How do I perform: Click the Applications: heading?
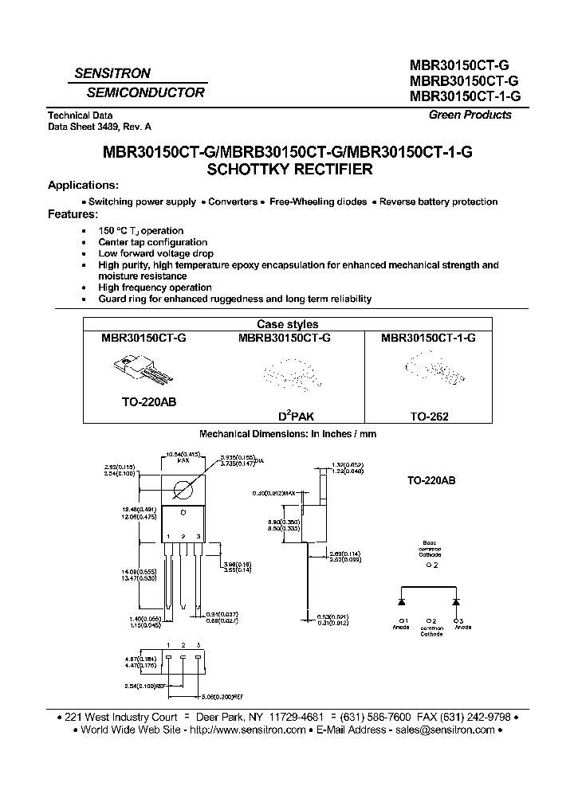84,186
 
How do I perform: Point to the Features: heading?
73,214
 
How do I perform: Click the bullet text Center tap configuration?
153,242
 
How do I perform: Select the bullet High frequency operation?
155,288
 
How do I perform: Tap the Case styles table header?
287,324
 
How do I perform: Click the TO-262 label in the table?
429,416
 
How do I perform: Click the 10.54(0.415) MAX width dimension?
183,456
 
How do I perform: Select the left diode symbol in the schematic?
403,595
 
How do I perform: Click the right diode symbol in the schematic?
457,595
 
